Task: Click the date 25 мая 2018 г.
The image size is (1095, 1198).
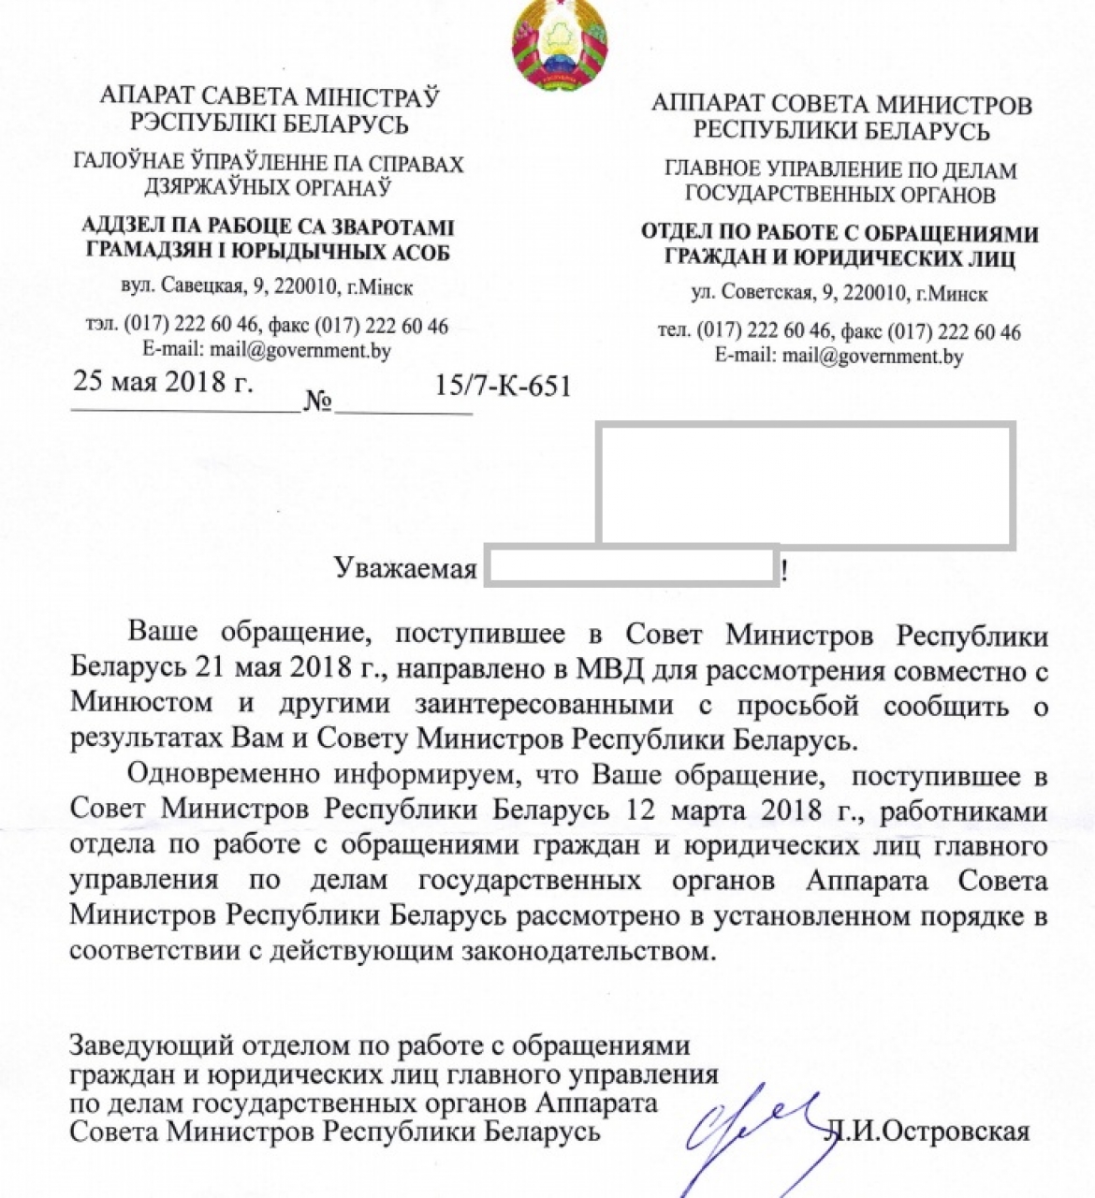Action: (163, 382)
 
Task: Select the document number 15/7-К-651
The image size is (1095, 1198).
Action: (503, 386)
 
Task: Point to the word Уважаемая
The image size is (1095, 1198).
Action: (406, 568)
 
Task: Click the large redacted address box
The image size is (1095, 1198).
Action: (805, 484)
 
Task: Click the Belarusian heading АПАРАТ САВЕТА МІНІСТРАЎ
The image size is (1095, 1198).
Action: (270, 96)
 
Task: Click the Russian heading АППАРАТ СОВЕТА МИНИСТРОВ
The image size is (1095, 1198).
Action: (841, 104)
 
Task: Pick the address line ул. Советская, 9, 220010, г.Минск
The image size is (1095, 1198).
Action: (839, 294)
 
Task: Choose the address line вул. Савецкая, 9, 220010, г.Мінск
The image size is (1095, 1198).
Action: (267, 286)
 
